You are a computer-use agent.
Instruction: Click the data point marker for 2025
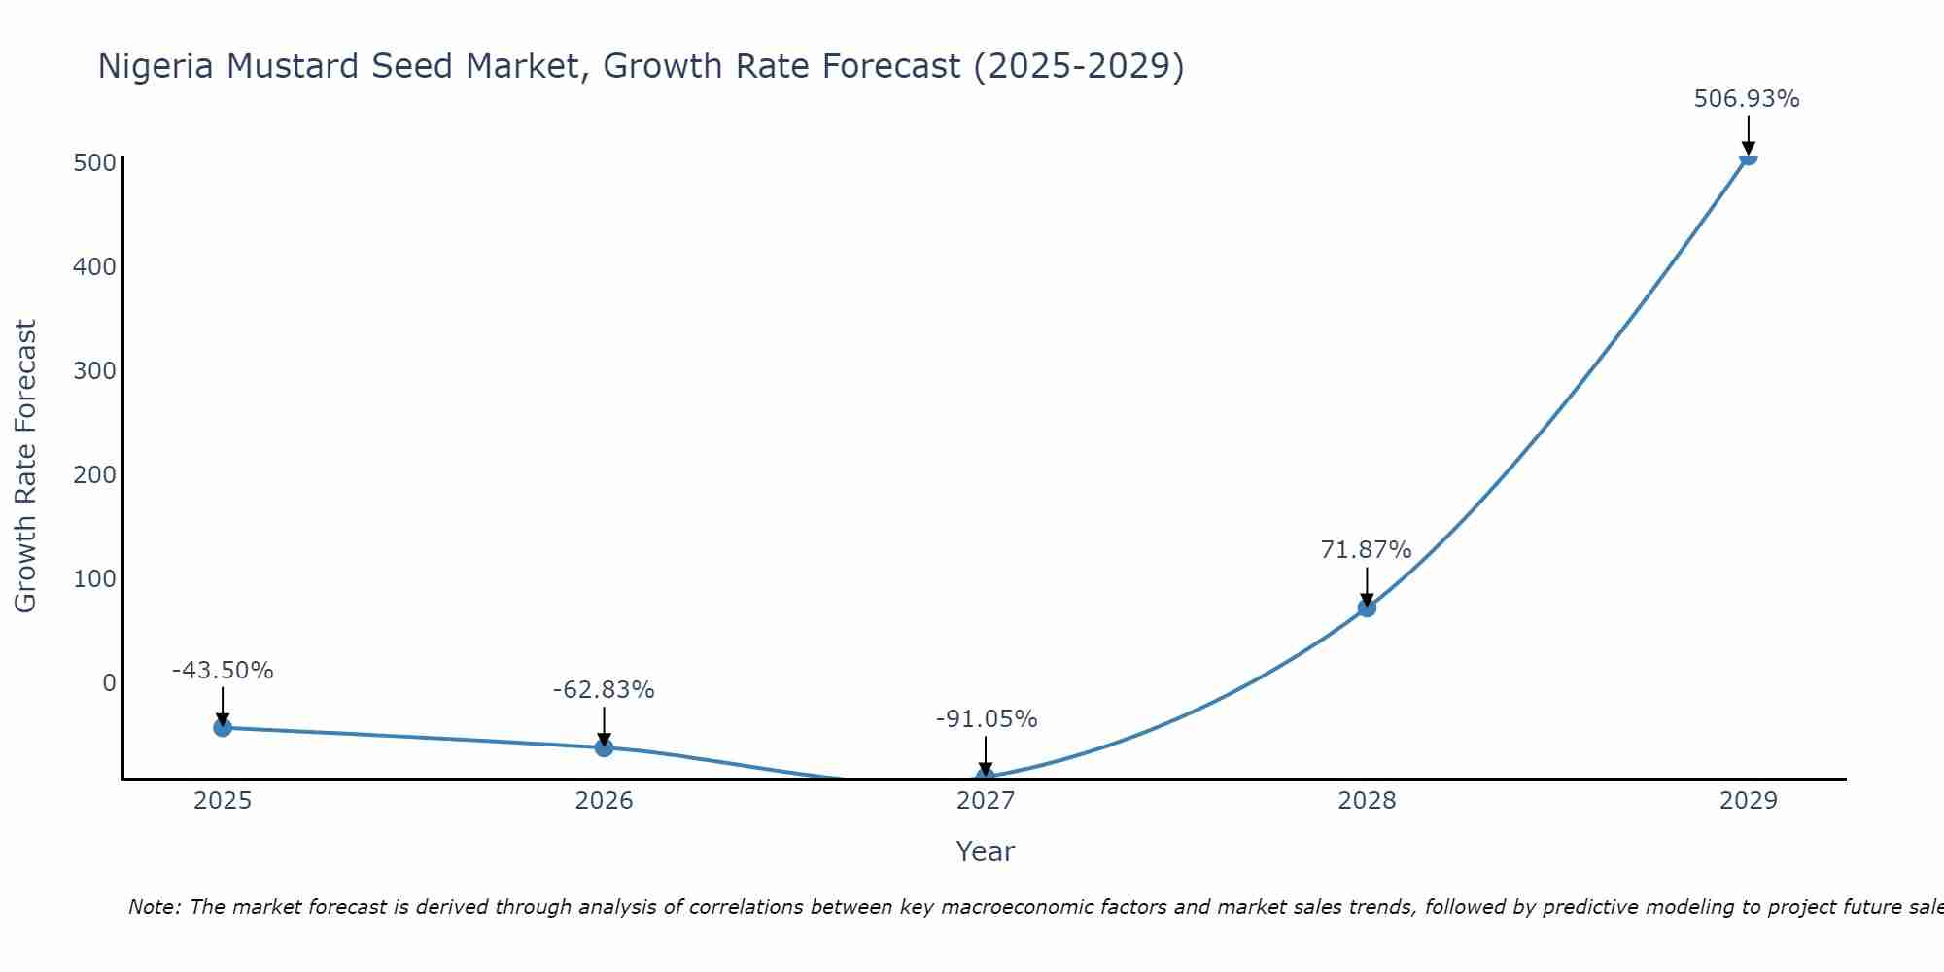[x=223, y=727]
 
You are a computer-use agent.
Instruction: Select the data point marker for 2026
[x=604, y=747]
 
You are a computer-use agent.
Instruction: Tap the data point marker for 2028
[x=1367, y=607]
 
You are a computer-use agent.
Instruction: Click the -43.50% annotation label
[x=223, y=671]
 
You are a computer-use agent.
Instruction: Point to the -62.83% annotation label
[x=604, y=690]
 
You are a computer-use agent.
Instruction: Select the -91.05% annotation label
[x=987, y=719]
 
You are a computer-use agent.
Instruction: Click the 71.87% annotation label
[x=1366, y=550]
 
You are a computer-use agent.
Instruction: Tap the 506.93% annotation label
[x=1747, y=99]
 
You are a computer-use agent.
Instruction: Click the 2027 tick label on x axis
[x=986, y=801]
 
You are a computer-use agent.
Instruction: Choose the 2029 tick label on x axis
[x=1748, y=801]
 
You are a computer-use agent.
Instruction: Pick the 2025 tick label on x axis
[x=223, y=801]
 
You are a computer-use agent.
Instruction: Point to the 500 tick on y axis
[x=94, y=162]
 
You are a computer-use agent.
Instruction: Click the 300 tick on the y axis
[x=94, y=370]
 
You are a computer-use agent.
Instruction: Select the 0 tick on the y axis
[x=109, y=682]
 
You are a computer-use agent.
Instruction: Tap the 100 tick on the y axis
[x=94, y=578]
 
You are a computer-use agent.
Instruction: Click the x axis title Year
[x=985, y=851]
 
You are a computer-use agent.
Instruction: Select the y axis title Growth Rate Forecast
[x=25, y=467]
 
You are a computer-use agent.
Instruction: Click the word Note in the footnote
[x=154, y=907]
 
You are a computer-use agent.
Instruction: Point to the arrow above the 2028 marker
[x=1367, y=586]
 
